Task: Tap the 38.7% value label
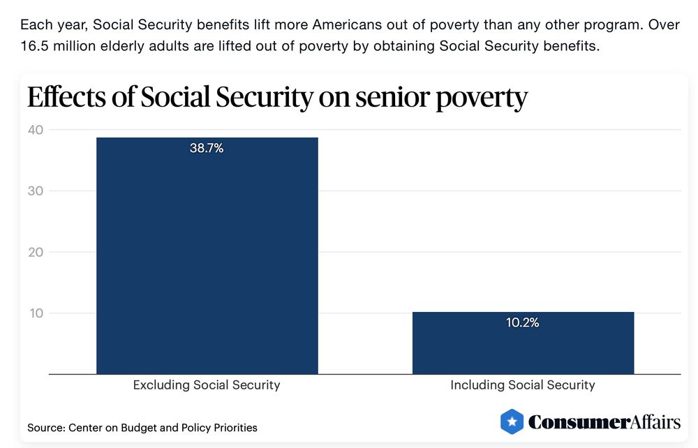pos(207,148)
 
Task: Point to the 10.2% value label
pos(523,322)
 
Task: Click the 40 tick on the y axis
pos(36,130)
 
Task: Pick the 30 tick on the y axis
pos(36,191)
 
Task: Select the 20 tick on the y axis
pos(36,252)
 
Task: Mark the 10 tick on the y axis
pos(36,313)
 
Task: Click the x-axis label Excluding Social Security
pos(207,385)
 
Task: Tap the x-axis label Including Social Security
pos(523,385)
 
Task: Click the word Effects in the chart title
pos(65,97)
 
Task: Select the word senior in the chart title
pos(393,98)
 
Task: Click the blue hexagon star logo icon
pos(512,421)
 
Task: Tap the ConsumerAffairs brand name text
pos(604,421)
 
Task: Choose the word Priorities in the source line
pos(232,427)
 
